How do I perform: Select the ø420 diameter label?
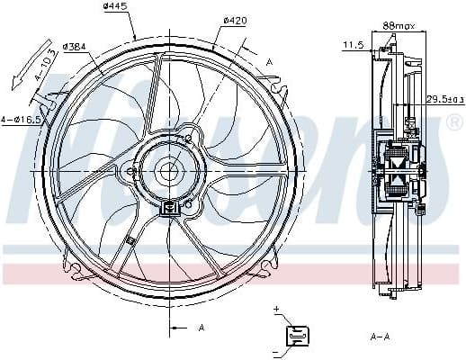tap(236, 20)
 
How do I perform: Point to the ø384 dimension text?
tap(76, 46)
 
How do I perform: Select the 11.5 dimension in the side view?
tap(354, 43)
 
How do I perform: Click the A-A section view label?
tap(380, 336)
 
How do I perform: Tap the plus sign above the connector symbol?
tap(277, 310)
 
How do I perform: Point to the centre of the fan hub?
tap(168, 169)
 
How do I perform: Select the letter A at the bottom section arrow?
tap(202, 327)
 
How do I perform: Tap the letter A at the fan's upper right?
tap(269, 61)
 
